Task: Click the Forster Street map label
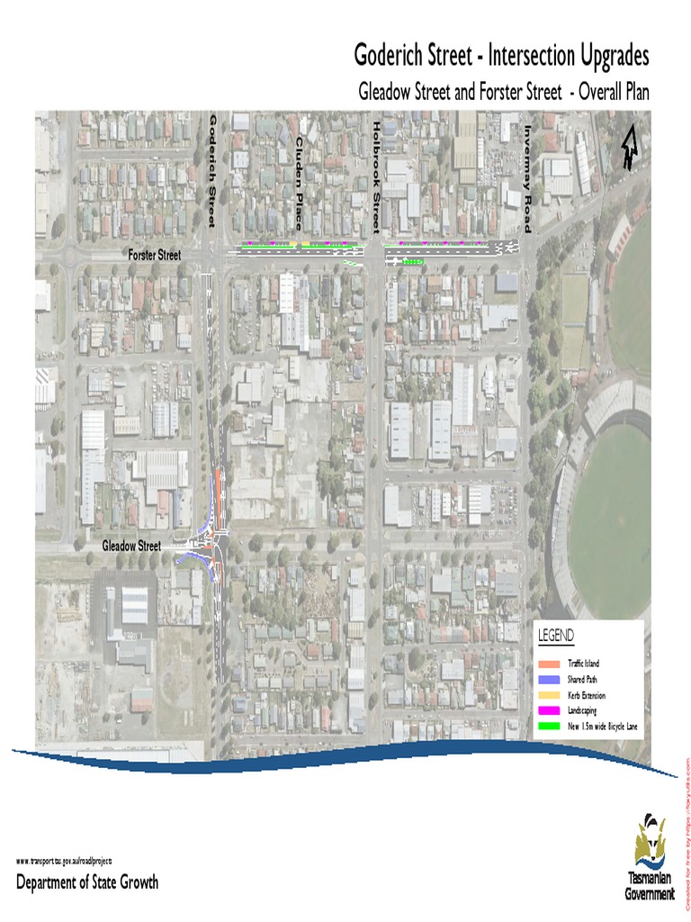point(154,256)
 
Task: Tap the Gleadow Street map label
point(131,546)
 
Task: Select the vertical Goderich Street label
point(213,170)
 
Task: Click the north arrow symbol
point(628,148)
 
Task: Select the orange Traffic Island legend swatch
point(548,664)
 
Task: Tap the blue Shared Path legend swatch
point(548,680)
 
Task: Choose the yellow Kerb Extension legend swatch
point(548,695)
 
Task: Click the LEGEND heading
point(556,637)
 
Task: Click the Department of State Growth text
point(87,882)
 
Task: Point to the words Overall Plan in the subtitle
point(613,91)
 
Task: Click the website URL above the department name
point(64,862)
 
